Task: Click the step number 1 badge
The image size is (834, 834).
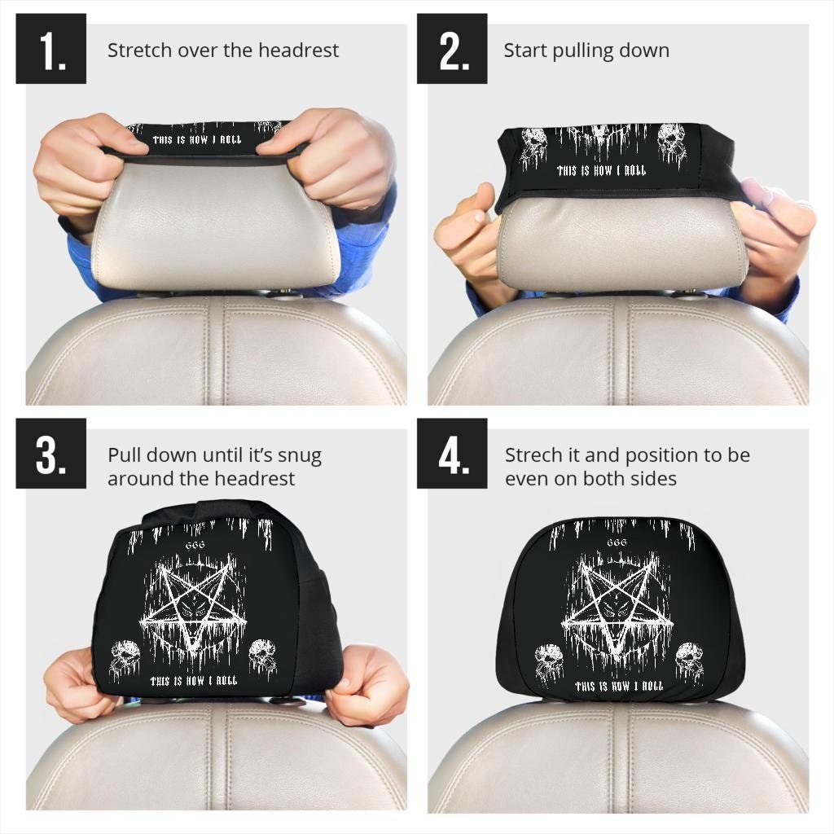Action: (x=50, y=49)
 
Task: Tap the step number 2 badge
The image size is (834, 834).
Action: (x=452, y=49)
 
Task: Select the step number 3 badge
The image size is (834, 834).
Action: (x=50, y=454)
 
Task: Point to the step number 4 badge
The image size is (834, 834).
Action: (x=452, y=454)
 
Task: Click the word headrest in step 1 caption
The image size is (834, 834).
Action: (x=299, y=50)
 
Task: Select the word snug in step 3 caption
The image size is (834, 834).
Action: (x=297, y=455)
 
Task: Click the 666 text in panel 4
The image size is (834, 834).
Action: (x=617, y=542)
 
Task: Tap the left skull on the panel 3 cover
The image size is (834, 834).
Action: (x=127, y=657)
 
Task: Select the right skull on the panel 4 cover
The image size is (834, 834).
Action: (x=691, y=658)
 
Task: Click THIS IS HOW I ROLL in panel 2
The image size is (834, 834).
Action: (x=601, y=171)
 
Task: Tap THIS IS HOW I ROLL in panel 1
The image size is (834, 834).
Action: (x=197, y=139)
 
